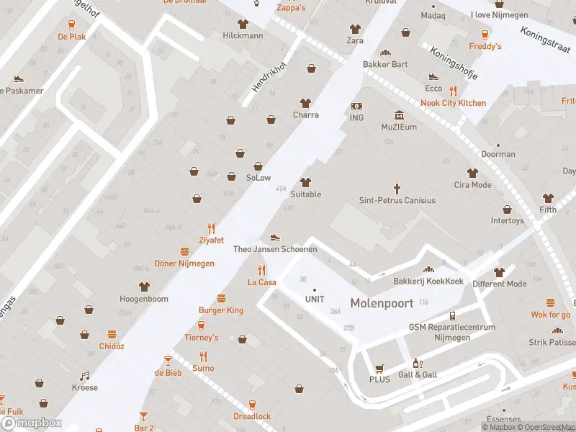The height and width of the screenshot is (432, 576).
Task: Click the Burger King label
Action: pyautogui.click(x=221, y=310)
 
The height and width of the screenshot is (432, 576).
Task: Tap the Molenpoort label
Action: pyautogui.click(x=382, y=303)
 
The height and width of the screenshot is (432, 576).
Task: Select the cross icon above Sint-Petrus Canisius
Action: pyautogui.click(x=397, y=187)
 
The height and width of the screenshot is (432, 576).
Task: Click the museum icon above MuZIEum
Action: pyautogui.click(x=399, y=115)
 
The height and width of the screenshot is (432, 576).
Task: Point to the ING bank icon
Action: pyautogui.click(x=356, y=106)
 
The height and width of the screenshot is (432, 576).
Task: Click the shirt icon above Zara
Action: pyautogui.click(x=354, y=29)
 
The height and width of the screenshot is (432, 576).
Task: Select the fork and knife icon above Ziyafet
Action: pyautogui.click(x=211, y=228)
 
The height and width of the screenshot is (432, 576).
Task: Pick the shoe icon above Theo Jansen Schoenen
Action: pyautogui.click(x=274, y=237)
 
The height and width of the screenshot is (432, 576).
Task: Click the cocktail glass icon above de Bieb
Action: pyautogui.click(x=168, y=359)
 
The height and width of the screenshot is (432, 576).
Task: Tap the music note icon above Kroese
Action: pyautogui.click(x=84, y=375)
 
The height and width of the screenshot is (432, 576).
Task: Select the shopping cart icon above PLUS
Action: pyautogui.click(x=379, y=367)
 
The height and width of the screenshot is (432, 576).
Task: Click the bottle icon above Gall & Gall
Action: pyautogui.click(x=415, y=363)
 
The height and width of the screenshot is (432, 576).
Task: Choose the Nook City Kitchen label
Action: pyautogui.click(x=453, y=103)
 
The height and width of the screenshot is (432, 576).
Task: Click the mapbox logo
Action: pyautogui.click(x=30, y=423)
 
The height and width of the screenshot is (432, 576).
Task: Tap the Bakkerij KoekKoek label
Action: pyautogui.click(x=428, y=281)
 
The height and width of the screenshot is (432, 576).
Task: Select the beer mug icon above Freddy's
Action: pyautogui.click(x=485, y=34)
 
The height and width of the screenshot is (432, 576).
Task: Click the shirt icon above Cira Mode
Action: pyautogui.click(x=472, y=173)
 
